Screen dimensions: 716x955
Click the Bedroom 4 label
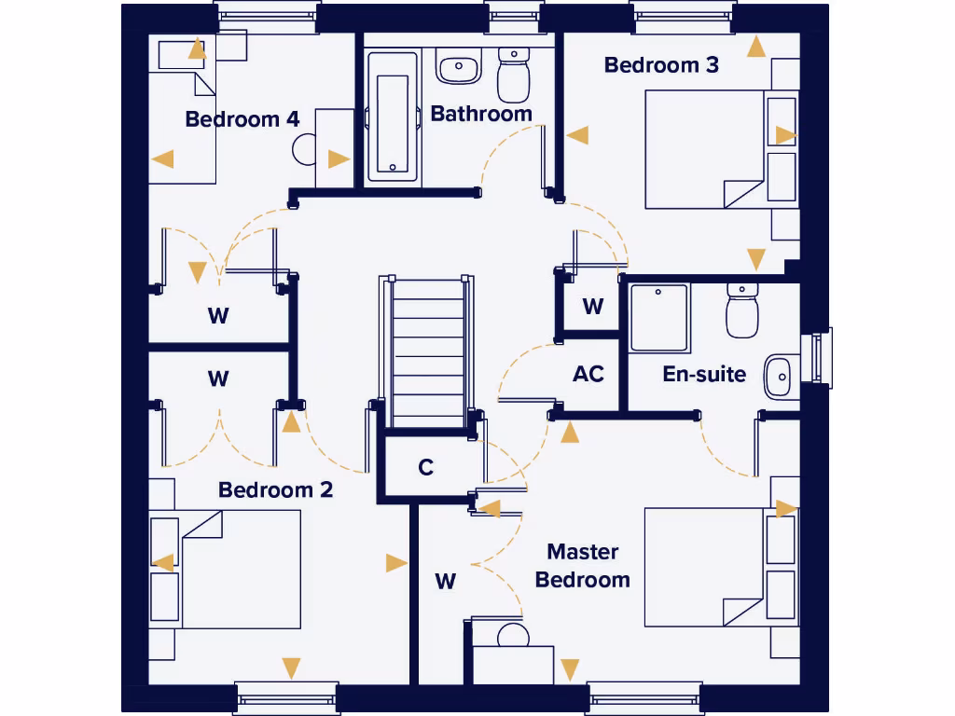(x=242, y=119)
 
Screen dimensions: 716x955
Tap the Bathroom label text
(x=481, y=114)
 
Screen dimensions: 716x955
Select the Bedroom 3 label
(x=661, y=65)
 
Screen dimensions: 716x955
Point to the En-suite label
(x=704, y=374)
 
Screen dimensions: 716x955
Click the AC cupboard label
(x=588, y=374)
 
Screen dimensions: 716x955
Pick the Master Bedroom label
(x=583, y=566)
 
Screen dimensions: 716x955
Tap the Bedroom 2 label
(x=275, y=489)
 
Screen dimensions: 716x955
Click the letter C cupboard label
(x=426, y=467)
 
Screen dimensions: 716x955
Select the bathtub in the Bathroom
(x=393, y=116)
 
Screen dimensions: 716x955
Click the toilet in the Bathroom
(x=513, y=75)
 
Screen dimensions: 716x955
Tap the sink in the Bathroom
(x=458, y=66)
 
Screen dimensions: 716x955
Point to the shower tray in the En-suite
(x=659, y=318)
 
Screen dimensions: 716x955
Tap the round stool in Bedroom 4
(x=305, y=149)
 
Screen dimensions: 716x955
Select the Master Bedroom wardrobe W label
(x=446, y=582)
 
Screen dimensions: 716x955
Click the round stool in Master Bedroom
(x=512, y=637)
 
